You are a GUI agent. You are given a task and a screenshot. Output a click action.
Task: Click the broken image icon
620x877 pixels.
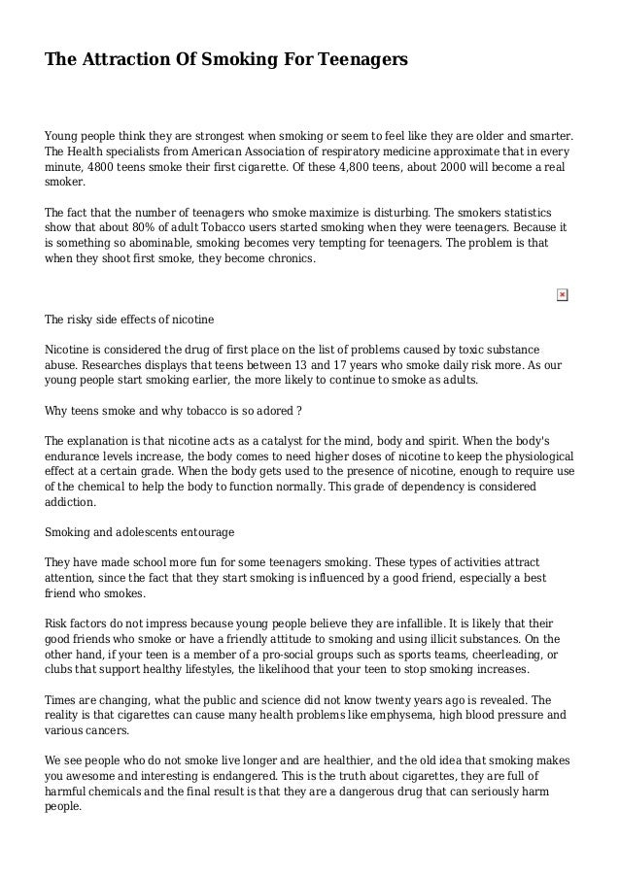[562, 294]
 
